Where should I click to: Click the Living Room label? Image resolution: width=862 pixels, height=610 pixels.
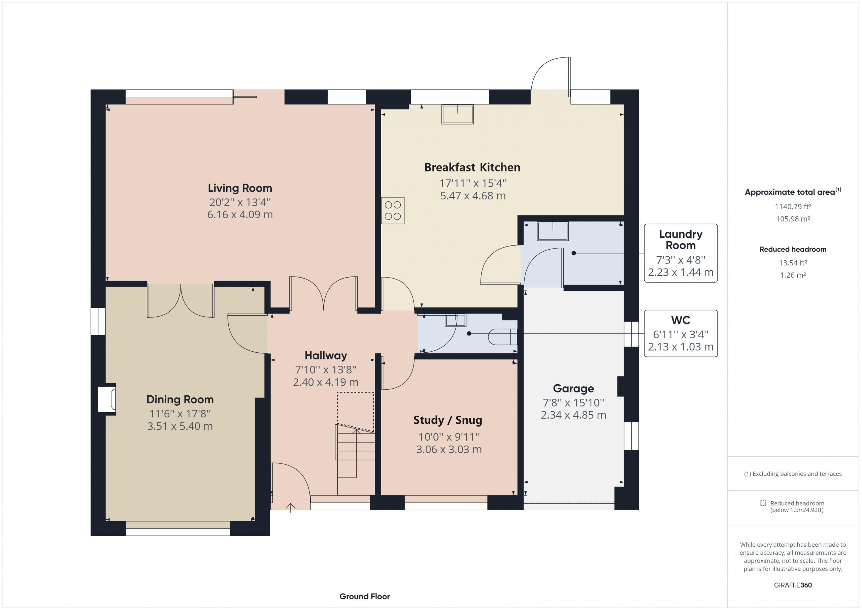tap(240, 188)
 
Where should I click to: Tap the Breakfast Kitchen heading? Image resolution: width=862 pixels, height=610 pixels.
tap(472, 167)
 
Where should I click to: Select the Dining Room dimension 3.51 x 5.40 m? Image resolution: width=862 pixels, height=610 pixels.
tap(180, 426)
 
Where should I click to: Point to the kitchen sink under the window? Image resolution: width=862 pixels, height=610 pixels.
tap(457, 114)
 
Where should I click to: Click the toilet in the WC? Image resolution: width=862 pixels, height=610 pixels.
tap(503, 336)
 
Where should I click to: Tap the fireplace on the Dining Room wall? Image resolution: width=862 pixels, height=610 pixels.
tap(107, 398)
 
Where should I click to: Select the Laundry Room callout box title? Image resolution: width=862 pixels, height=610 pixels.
tap(681, 239)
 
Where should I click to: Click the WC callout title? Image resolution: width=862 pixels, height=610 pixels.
tap(681, 320)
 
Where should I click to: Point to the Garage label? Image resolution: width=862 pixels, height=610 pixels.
tap(573, 388)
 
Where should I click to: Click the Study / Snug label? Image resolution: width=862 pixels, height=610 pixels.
tap(448, 420)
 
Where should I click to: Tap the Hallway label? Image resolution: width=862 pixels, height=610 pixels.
tap(326, 355)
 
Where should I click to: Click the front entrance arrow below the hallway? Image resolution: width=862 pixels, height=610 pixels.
tap(290, 508)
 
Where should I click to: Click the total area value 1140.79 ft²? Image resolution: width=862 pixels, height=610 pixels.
tap(793, 206)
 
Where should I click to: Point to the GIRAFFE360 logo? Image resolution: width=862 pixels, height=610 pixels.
tap(793, 585)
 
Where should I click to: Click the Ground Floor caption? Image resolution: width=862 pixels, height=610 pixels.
tap(365, 596)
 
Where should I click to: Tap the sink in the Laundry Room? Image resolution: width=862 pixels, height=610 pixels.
tap(553, 231)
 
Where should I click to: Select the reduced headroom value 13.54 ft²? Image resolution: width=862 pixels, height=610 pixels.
tap(793, 262)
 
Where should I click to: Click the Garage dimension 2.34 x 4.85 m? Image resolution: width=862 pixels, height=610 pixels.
tap(573, 415)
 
